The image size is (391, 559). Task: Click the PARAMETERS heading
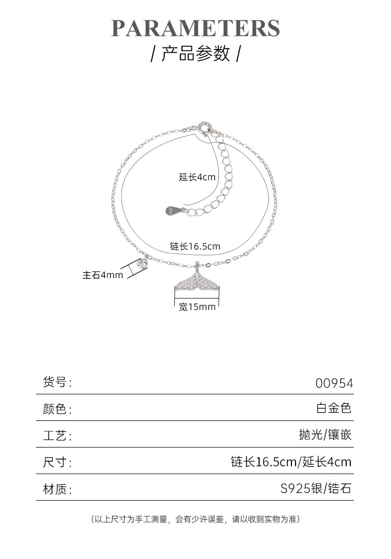(195, 28)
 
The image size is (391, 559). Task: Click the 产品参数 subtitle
(195, 54)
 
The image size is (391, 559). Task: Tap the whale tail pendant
(196, 281)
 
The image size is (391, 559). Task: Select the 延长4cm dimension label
(197, 177)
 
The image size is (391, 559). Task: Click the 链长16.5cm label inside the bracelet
(195, 246)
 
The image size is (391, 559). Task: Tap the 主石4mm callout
(103, 275)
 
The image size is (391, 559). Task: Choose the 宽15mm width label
(197, 307)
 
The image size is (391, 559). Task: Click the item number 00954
(334, 383)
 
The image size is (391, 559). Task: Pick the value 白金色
(334, 408)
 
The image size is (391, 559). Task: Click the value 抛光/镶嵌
(325, 434)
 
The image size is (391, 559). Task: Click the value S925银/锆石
(316, 489)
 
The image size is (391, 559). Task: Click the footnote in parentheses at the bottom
(195, 519)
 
